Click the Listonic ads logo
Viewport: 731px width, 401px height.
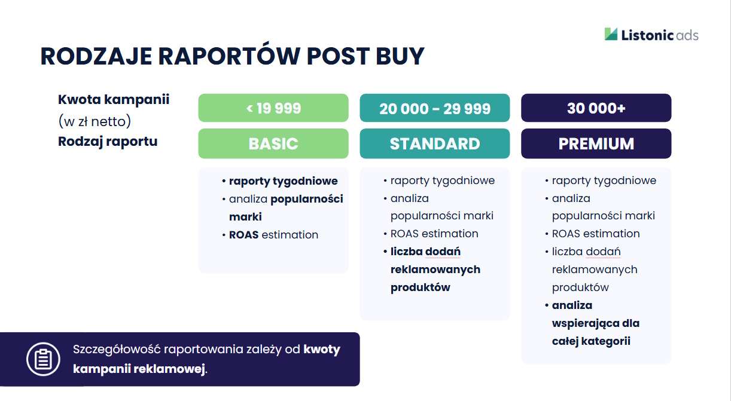(651, 35)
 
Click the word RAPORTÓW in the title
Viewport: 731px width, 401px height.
(229, 56)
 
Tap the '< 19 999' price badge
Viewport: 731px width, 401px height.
(273, 108)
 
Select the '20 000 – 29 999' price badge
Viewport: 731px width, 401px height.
(435, 108)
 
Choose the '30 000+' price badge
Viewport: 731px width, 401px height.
(596, 108)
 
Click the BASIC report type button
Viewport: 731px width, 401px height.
(273, 143)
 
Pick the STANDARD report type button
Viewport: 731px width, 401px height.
(435, 143)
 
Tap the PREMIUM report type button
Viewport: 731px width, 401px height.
(596, 143)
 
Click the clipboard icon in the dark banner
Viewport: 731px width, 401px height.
(44, 359)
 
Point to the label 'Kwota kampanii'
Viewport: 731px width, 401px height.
(114, 99)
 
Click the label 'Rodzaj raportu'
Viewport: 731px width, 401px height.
(108, 142)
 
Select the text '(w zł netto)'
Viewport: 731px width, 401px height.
(95, 121)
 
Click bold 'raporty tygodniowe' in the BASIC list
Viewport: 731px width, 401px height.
(284, 181)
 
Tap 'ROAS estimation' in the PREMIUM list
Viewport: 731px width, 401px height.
(596, 234)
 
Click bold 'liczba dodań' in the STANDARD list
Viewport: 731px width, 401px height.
(425, 252)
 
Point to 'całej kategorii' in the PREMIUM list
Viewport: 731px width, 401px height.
(591, 341)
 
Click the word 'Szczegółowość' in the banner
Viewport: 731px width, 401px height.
(117, 350)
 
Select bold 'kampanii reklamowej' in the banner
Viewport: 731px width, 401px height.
(139, 369)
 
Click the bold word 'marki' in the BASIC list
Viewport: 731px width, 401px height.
(245, 217)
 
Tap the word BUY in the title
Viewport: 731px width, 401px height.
(400, 56)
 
